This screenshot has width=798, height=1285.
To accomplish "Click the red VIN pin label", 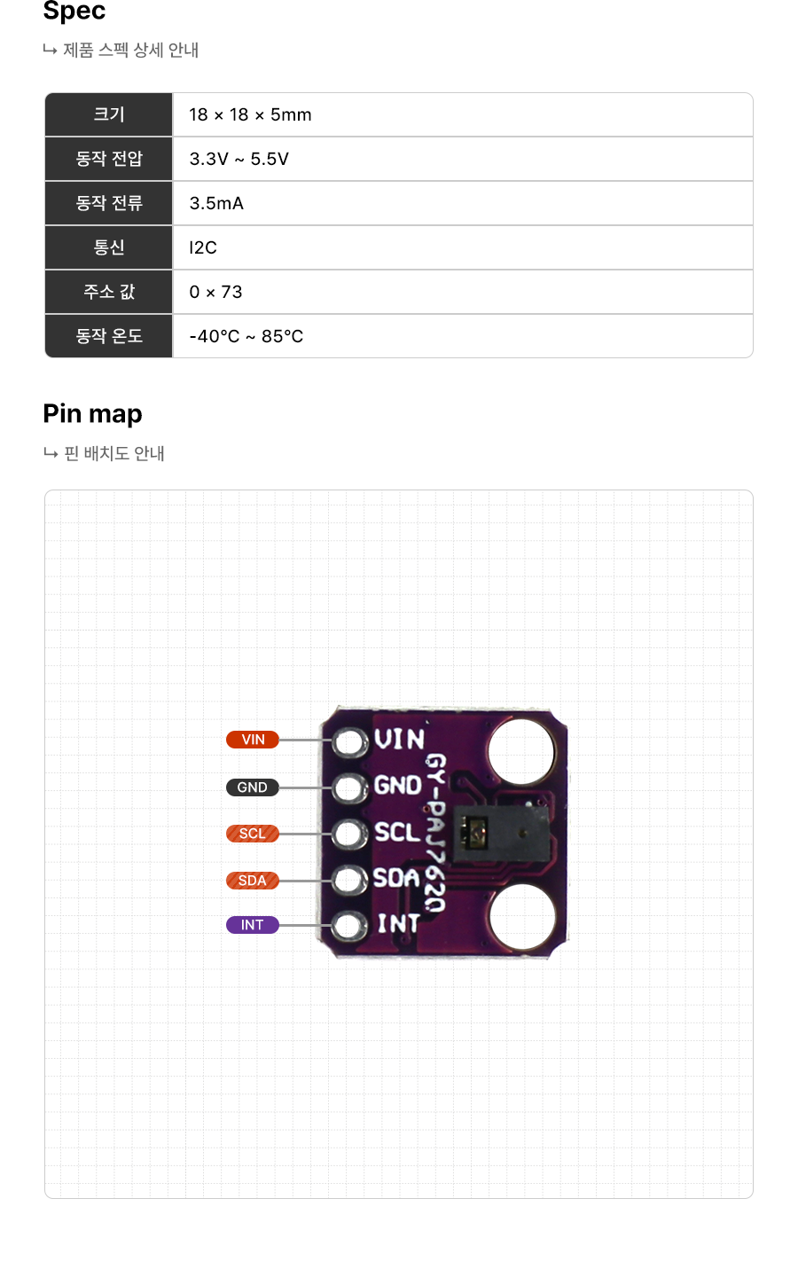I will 253,740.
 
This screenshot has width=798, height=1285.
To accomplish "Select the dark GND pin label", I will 252,787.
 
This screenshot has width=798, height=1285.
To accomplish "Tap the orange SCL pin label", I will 252,834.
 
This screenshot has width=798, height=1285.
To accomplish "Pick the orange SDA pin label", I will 252,881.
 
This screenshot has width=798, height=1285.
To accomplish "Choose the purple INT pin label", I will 252,925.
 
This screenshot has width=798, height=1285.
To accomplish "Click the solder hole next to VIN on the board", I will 350,741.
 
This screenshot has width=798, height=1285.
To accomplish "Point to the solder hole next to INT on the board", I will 350,927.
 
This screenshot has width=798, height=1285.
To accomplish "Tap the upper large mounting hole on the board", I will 520,751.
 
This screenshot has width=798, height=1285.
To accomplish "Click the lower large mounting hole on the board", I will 522,917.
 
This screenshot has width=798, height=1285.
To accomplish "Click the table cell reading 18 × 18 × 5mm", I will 250,114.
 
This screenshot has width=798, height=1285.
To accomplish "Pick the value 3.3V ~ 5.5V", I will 239,159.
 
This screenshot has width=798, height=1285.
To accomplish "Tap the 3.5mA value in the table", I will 216,203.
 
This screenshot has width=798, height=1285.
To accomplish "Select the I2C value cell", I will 203,247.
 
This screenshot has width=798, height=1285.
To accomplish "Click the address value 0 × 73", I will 215,292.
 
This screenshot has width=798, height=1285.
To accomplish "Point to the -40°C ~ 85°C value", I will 246,336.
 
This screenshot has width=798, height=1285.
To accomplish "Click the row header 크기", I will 109,114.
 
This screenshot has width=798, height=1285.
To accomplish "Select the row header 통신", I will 109,247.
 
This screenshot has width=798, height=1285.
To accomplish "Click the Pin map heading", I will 92,413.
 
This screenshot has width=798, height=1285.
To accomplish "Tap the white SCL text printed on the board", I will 396,832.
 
